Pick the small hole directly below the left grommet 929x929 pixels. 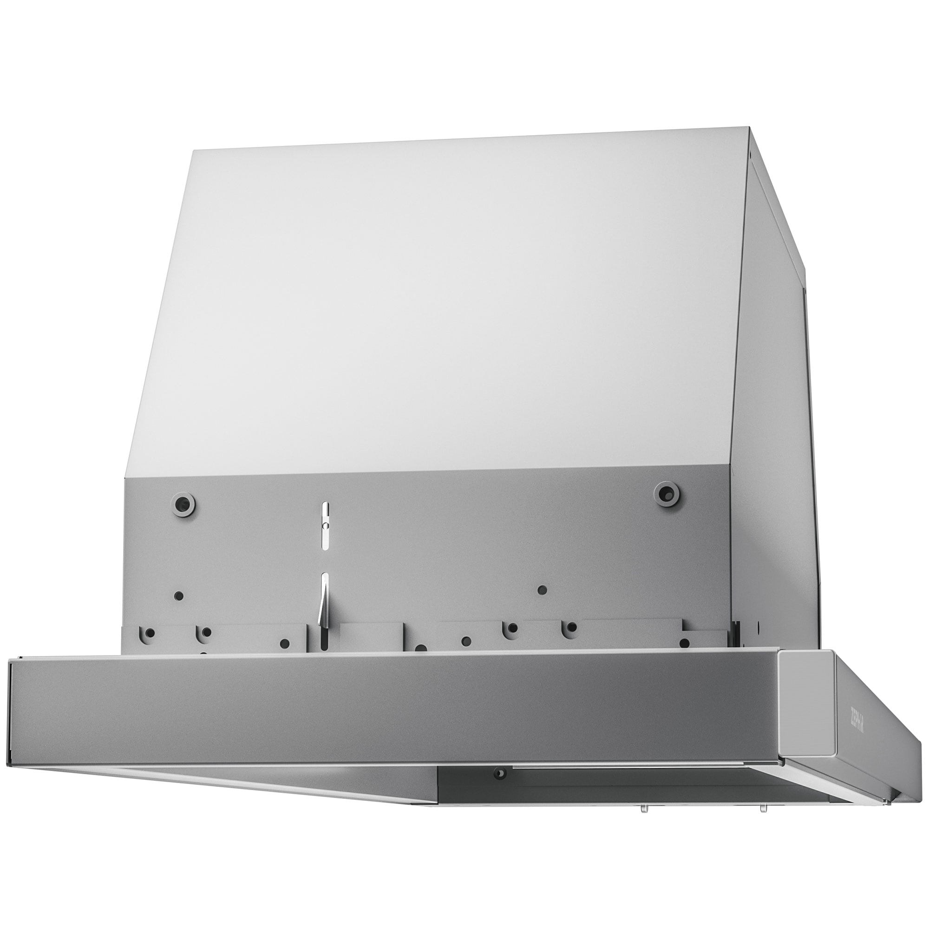tap(178, 595)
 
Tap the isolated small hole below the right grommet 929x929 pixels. tap(542, 589)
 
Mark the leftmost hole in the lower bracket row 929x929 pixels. tap(150, 633)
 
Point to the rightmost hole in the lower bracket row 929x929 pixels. tap(684, 643)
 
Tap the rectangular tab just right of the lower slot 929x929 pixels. tap(371, 638)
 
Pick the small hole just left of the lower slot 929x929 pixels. tap(285, 643)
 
